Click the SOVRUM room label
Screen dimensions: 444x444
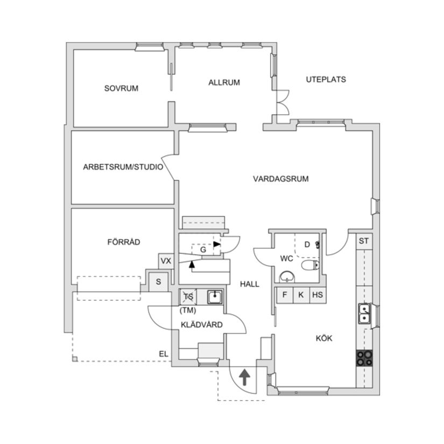click(x=121, y=88)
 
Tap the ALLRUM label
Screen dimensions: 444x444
click(x=224, y=82)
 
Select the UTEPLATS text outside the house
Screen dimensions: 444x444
click(x=326, y=79)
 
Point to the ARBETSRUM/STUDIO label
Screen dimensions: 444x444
click(x=123, y=167)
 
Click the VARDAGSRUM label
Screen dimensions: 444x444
click(x=281, y=179)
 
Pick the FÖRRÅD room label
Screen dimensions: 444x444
click(x=124, y=242)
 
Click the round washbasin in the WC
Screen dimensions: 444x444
click(x=288, y=277)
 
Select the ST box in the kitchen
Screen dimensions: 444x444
click(x=364, y=241)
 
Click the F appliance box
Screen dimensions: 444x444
click(x=285, y=295)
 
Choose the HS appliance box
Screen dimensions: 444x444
click(x=318, y=295)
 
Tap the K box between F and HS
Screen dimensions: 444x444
click(x=301, y=295)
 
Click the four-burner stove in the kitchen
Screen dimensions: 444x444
click(x=364, y=358)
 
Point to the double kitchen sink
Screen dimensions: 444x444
click(x=364, y=313)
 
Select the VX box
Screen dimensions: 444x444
click(x=166, y=262)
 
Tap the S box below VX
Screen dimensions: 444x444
click(x=159, y=281)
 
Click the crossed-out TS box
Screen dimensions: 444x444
click(x=188, y=297)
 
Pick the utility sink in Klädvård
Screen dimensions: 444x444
click(x=215, y=297)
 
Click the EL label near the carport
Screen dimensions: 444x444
click(x=163, y=354)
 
